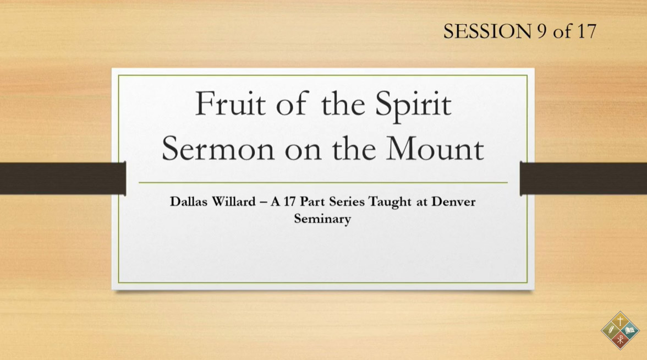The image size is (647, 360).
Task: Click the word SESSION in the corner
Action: pos(487,31)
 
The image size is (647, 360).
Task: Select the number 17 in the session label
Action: pos(586,31)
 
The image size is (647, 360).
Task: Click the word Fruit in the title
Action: pos(230,103)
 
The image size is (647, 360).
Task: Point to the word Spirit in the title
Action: pos(413,105)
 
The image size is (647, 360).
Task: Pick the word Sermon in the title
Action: pos(218,149)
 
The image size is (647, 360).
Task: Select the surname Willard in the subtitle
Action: pos(234,201)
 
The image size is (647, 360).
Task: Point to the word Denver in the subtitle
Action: pos(453,201)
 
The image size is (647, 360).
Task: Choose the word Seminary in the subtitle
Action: pos(322,219)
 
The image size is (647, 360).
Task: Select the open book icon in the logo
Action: pos(630,330)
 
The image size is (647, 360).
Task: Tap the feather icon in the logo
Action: pos(610,330)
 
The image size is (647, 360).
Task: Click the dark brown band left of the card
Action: pos(63,178)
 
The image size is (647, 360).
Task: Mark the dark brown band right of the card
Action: pos(583,178)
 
